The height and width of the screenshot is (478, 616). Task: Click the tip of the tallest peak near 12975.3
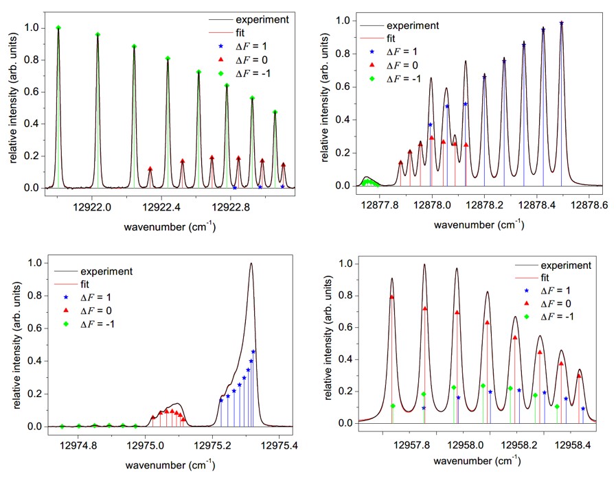[251, 263]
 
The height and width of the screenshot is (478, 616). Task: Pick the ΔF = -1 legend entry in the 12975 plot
[96, 323]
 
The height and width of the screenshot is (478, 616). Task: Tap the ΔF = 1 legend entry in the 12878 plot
[404, 52]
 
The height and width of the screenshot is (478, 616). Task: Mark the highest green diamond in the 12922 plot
[58, 28]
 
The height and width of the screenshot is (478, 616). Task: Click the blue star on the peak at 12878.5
[561, 23]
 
